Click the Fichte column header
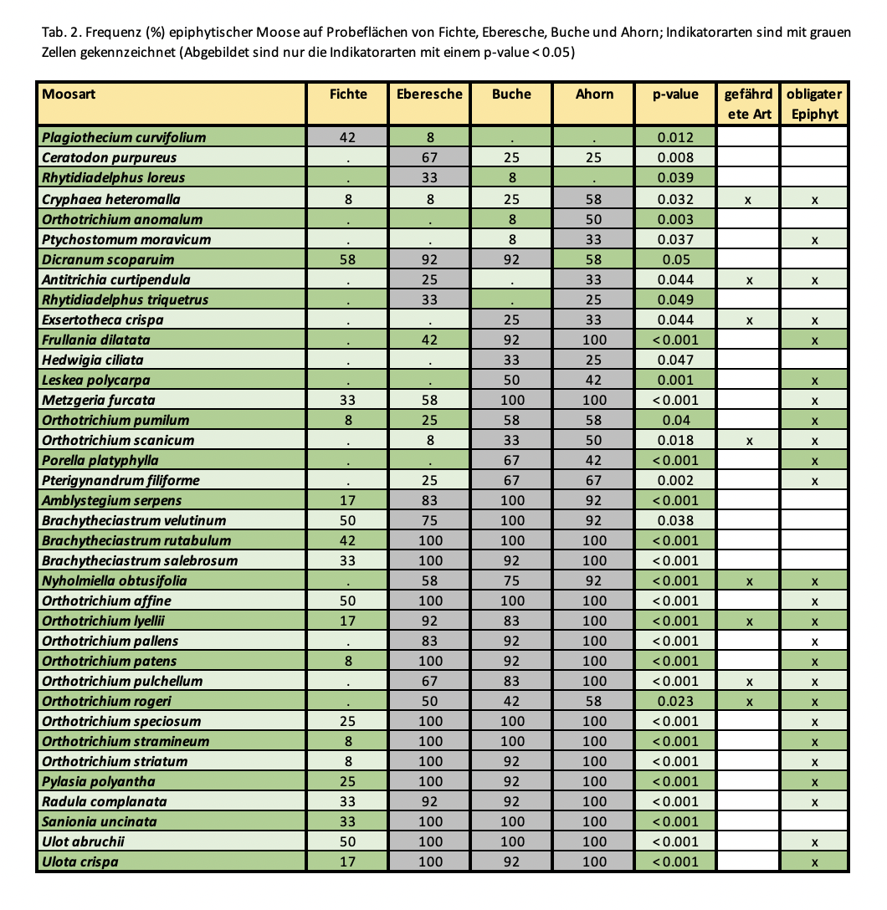pos(348,95)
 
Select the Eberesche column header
pos(429,95)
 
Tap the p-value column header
pos(675,95)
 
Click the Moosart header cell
pos(69,95)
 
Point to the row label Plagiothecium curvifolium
pos(124,137)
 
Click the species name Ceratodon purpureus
pos(110,157)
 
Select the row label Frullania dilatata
pos(96,340)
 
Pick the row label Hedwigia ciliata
pos(93,360)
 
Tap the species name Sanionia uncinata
pos(99,821)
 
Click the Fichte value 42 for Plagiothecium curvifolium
pos(348,137)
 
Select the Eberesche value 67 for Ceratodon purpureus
pos(429,157)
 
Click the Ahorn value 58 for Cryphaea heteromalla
pos(594,199)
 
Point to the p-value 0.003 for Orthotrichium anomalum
pos(675,219)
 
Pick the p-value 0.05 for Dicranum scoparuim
pos(675,259)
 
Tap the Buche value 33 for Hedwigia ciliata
pos(511,360)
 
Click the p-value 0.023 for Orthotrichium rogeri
pos(675,701)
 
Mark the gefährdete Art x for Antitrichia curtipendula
pos(749,280)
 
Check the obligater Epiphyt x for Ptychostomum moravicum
pos(814,240)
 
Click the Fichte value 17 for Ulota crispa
pos(348,861)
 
